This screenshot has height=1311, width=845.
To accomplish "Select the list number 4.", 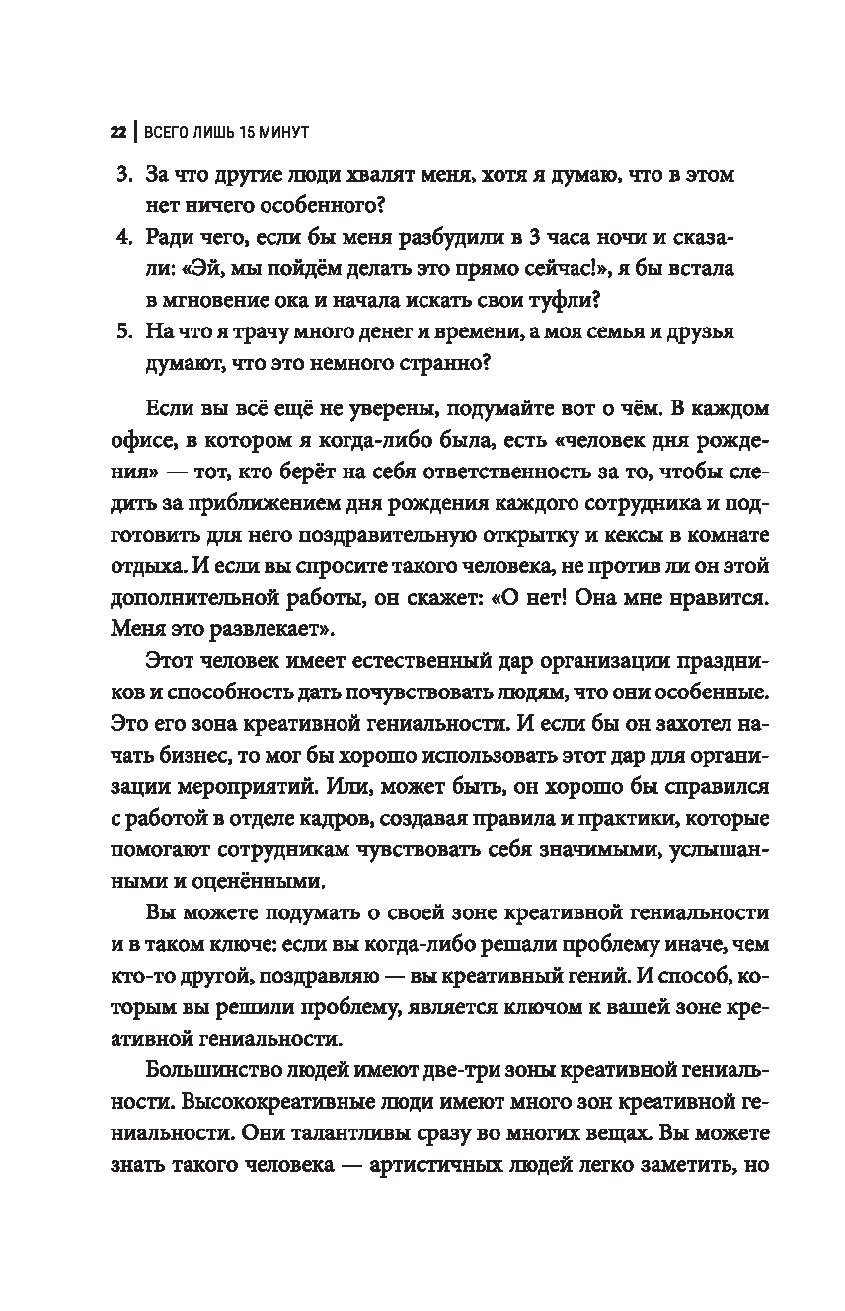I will coord(123,239).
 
